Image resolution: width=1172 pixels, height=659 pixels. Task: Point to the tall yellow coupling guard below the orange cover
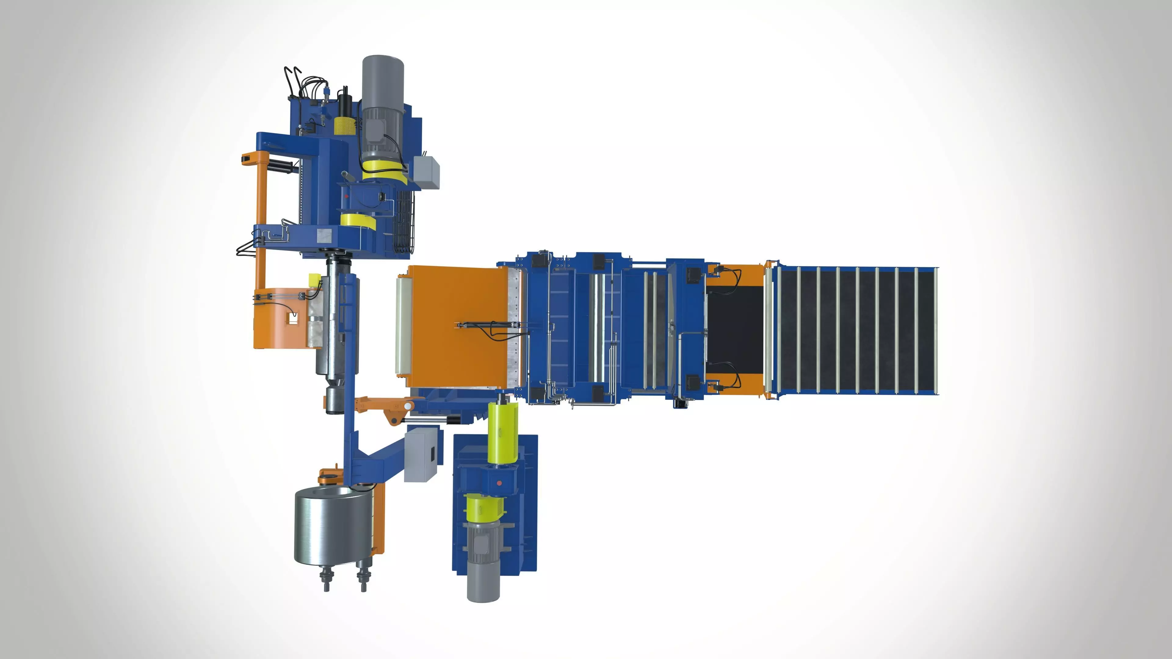coord(502,432)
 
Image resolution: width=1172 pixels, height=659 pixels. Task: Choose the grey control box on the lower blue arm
coord(420,455)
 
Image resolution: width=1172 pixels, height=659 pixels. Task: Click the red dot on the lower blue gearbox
coord(499,483)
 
